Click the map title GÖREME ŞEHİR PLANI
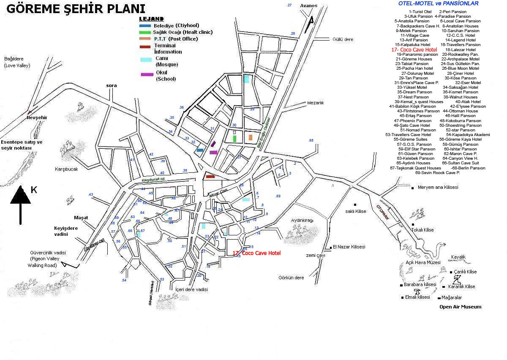tap(76, 9)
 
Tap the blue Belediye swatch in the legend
tap(145, 25)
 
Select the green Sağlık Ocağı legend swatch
tap(145, 32)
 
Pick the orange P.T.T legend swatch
tap(145, 39)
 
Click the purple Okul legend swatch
tap(147, 74)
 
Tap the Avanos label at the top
tap(308, 6)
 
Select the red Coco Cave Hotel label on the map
tap(257, 253)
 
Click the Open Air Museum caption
tap(460, 307)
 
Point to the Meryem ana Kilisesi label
tap(438, 187)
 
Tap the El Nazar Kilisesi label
tap(349, 247)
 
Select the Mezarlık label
tap(315, 103)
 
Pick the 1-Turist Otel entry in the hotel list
tap(420, 11)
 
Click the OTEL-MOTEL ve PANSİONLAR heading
tap(438, 3)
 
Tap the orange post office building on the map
tap(251, 137)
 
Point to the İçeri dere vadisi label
tap(192, 289)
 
